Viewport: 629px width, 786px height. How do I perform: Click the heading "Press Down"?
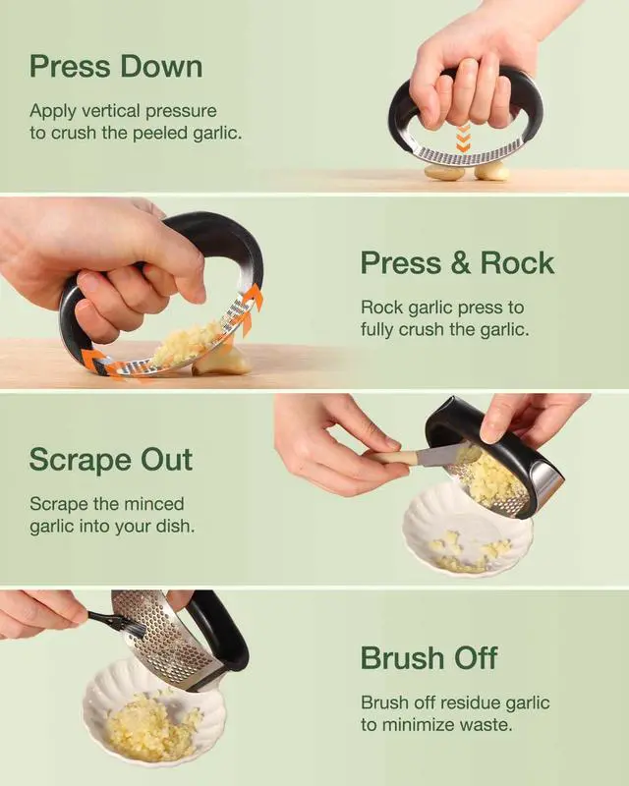116,67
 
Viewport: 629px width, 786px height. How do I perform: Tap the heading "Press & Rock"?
457,263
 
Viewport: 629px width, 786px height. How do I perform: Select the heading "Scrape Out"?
111,460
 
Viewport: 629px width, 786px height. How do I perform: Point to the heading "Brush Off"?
429,657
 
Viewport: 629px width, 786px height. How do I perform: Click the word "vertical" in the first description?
110,110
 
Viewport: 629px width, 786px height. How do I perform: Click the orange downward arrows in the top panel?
464,138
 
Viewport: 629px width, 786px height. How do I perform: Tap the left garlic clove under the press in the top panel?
444,173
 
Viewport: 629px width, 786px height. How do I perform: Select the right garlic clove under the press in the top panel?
491,172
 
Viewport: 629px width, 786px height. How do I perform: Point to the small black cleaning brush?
116,623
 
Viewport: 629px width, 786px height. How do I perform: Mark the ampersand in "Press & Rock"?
461,263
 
